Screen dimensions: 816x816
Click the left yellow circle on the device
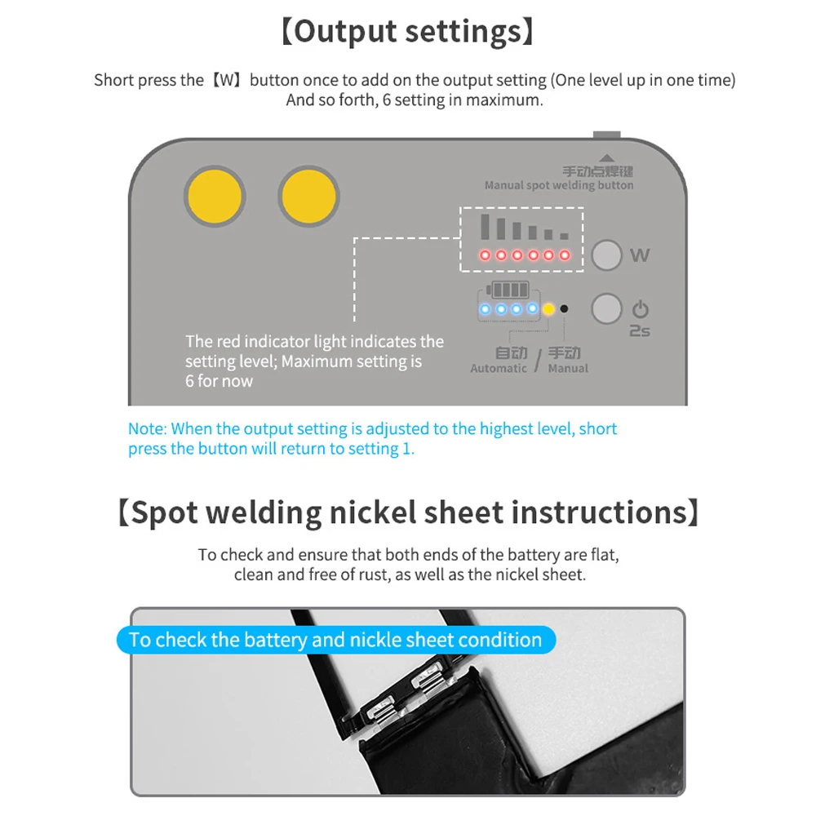click(215, 197)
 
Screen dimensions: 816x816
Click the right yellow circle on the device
click(308, 197)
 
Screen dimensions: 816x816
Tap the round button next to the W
click(607, 255)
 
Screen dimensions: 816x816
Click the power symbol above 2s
click(640, 309)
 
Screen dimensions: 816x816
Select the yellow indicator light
click(548, 309)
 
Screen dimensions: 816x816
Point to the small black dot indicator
click(564, 309)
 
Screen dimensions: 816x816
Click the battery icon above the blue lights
click(508, 290)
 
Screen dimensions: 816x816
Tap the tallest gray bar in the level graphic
click(486, 226)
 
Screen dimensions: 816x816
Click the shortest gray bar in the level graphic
click(564, 237)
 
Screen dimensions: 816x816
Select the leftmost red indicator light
click(485, 255)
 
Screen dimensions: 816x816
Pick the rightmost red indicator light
click(565, 255)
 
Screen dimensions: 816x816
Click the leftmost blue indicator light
click(485, 309)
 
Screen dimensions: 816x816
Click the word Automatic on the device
click(499, 368)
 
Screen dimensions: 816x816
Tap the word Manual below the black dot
click(568, 368)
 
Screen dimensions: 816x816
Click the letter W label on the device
click(640, 255)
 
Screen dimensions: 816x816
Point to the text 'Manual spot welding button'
click(559, 185)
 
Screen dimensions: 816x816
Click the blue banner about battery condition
click(336, 640)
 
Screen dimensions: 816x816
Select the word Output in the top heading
click(345, 32)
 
